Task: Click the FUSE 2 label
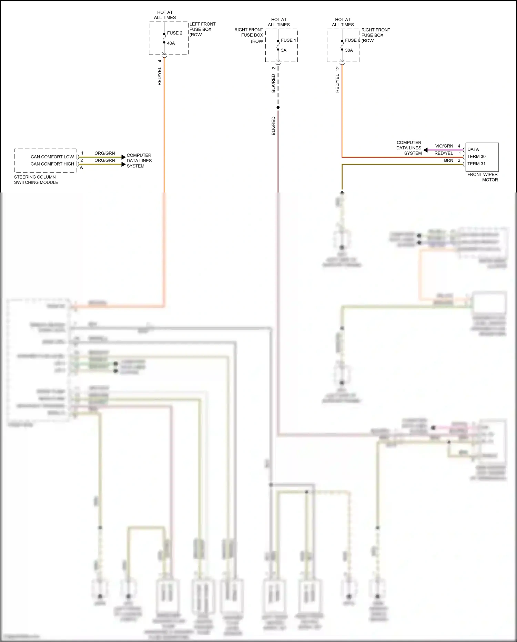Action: [174, 33]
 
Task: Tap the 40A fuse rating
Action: [171, 43]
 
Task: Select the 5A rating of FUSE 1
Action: [284, 50]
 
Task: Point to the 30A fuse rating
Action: [349, 50]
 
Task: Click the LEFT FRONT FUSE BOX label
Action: [202, 29]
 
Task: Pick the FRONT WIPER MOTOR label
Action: [483, 177]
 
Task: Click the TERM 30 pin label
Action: [476, 157]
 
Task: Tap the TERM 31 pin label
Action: [476, 164]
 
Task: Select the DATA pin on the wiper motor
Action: [473, 149]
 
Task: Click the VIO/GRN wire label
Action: [444, 146]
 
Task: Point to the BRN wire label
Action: [448, 160]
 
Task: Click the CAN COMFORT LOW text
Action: [52, 157]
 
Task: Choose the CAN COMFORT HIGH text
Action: [52, 164]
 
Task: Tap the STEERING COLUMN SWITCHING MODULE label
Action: [36, 180]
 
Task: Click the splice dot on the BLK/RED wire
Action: [278, 107]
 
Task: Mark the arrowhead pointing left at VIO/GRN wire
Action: [426, 150]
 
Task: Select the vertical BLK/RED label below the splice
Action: [274, 126]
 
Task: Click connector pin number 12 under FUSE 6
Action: [338, 68]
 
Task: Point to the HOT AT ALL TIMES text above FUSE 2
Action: [165, 15]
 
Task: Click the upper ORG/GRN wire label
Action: [104, 153]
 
